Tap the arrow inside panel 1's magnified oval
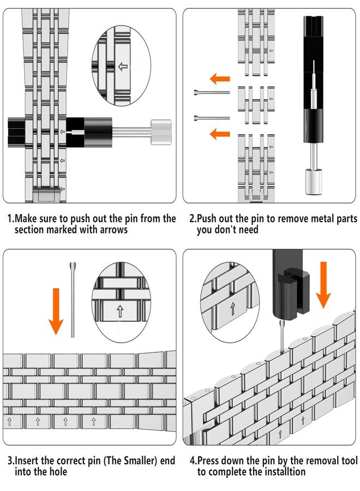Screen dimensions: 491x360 click(123, 67)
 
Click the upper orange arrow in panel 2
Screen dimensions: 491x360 click(220, 79)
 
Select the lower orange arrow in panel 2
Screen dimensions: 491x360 click(220, 133)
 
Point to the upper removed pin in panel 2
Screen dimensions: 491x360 click(211, 92)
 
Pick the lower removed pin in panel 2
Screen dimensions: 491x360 click(211, 117)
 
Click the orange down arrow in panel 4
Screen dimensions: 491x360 click(323, 284)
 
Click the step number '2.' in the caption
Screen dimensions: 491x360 click(193, 219)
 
